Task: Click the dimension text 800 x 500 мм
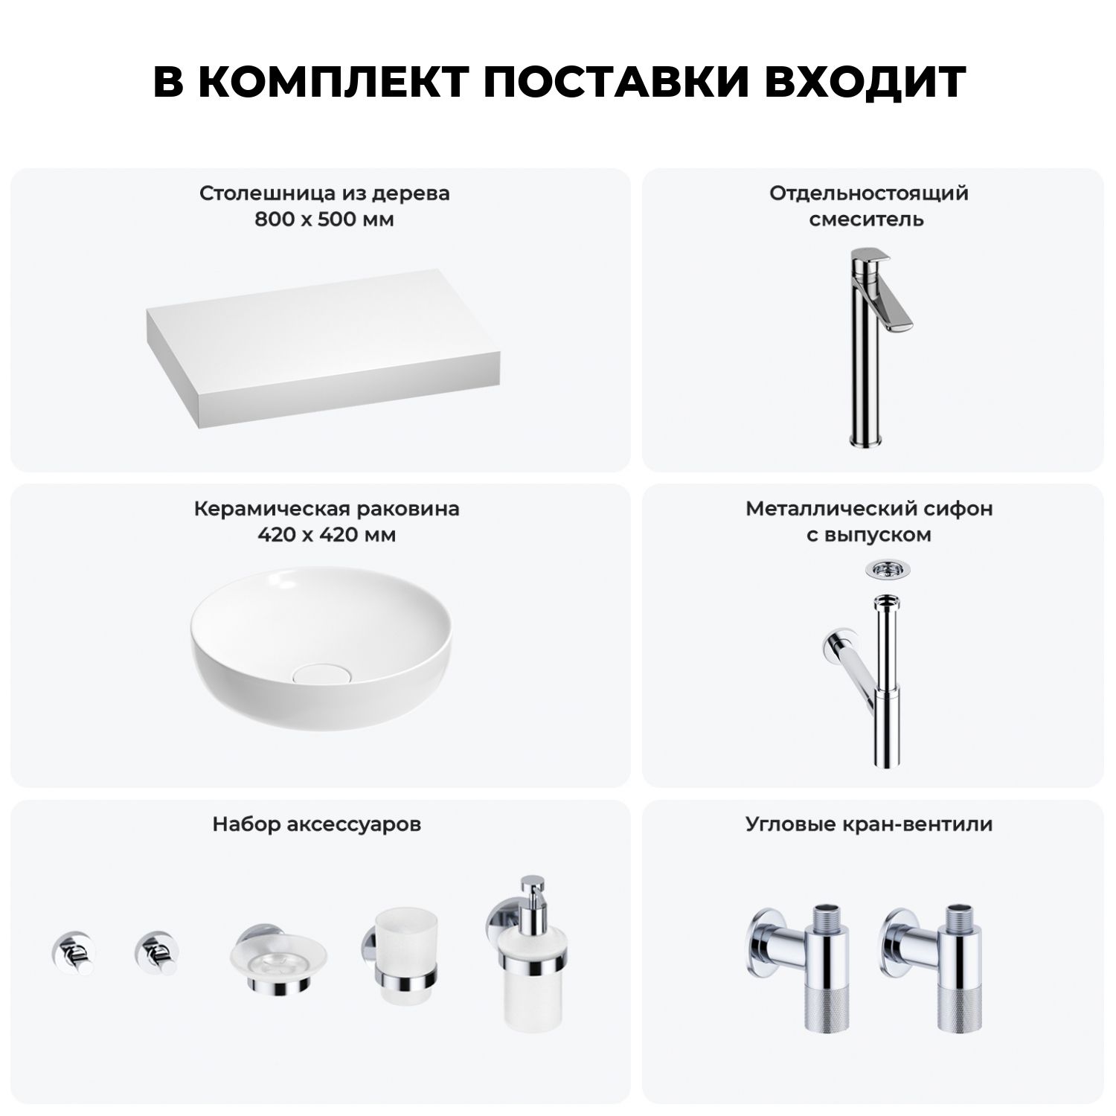324,219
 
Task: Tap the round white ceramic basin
321,642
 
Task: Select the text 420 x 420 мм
327,535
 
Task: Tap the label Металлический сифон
869,509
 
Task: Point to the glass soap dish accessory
277,959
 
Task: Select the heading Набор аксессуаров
317,824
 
